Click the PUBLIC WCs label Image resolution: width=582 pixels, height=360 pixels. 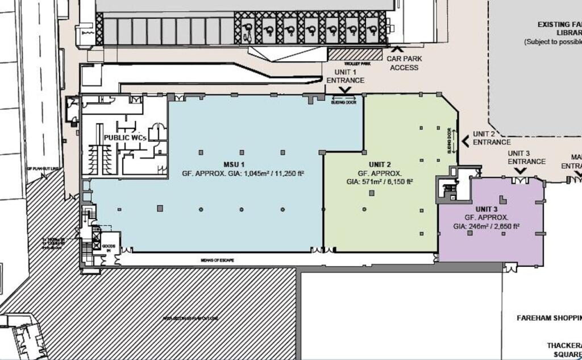tap(126, 138)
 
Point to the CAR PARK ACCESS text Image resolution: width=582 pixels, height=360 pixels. tap(402, 63)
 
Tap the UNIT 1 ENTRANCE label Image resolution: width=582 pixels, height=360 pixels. tap(345, 76)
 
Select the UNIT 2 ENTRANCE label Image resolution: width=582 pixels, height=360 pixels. tap(491, 138)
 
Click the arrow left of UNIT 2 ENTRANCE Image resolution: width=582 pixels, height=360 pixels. tap(465, 138)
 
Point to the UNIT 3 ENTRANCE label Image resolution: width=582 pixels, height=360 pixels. tap(526, 158)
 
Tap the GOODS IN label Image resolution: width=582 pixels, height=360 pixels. tap(110, 247)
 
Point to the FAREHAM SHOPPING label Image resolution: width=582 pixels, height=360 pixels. tap(549, 317)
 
